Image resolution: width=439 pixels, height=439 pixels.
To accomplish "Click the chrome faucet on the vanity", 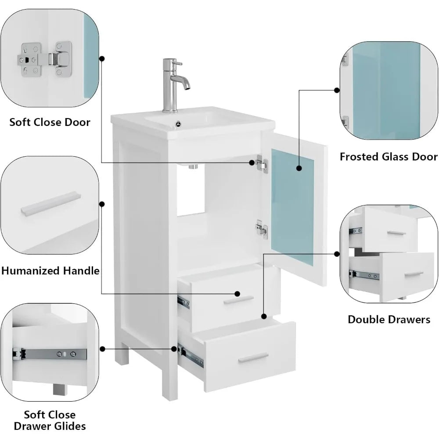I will [x=169, y=88].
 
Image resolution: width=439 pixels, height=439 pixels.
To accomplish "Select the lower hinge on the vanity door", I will [x=262, y=228].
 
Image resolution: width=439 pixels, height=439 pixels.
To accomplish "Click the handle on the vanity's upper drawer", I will [x=238, y=299].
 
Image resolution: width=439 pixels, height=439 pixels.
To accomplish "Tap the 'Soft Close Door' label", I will [x=50, y=122].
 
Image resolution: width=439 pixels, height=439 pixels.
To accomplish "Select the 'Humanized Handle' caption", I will [x=50, y=270].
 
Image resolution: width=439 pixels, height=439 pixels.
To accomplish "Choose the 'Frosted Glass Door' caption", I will [x=388, y=157].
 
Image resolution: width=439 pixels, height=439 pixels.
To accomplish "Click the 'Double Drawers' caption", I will [x=389, y=319].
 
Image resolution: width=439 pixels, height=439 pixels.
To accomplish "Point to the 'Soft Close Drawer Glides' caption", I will [x=49, y=420].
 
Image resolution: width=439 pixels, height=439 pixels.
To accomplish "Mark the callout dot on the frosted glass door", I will [x=299, y=168].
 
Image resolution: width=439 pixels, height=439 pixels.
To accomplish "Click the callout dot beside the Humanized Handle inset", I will [x=103, y=204].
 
